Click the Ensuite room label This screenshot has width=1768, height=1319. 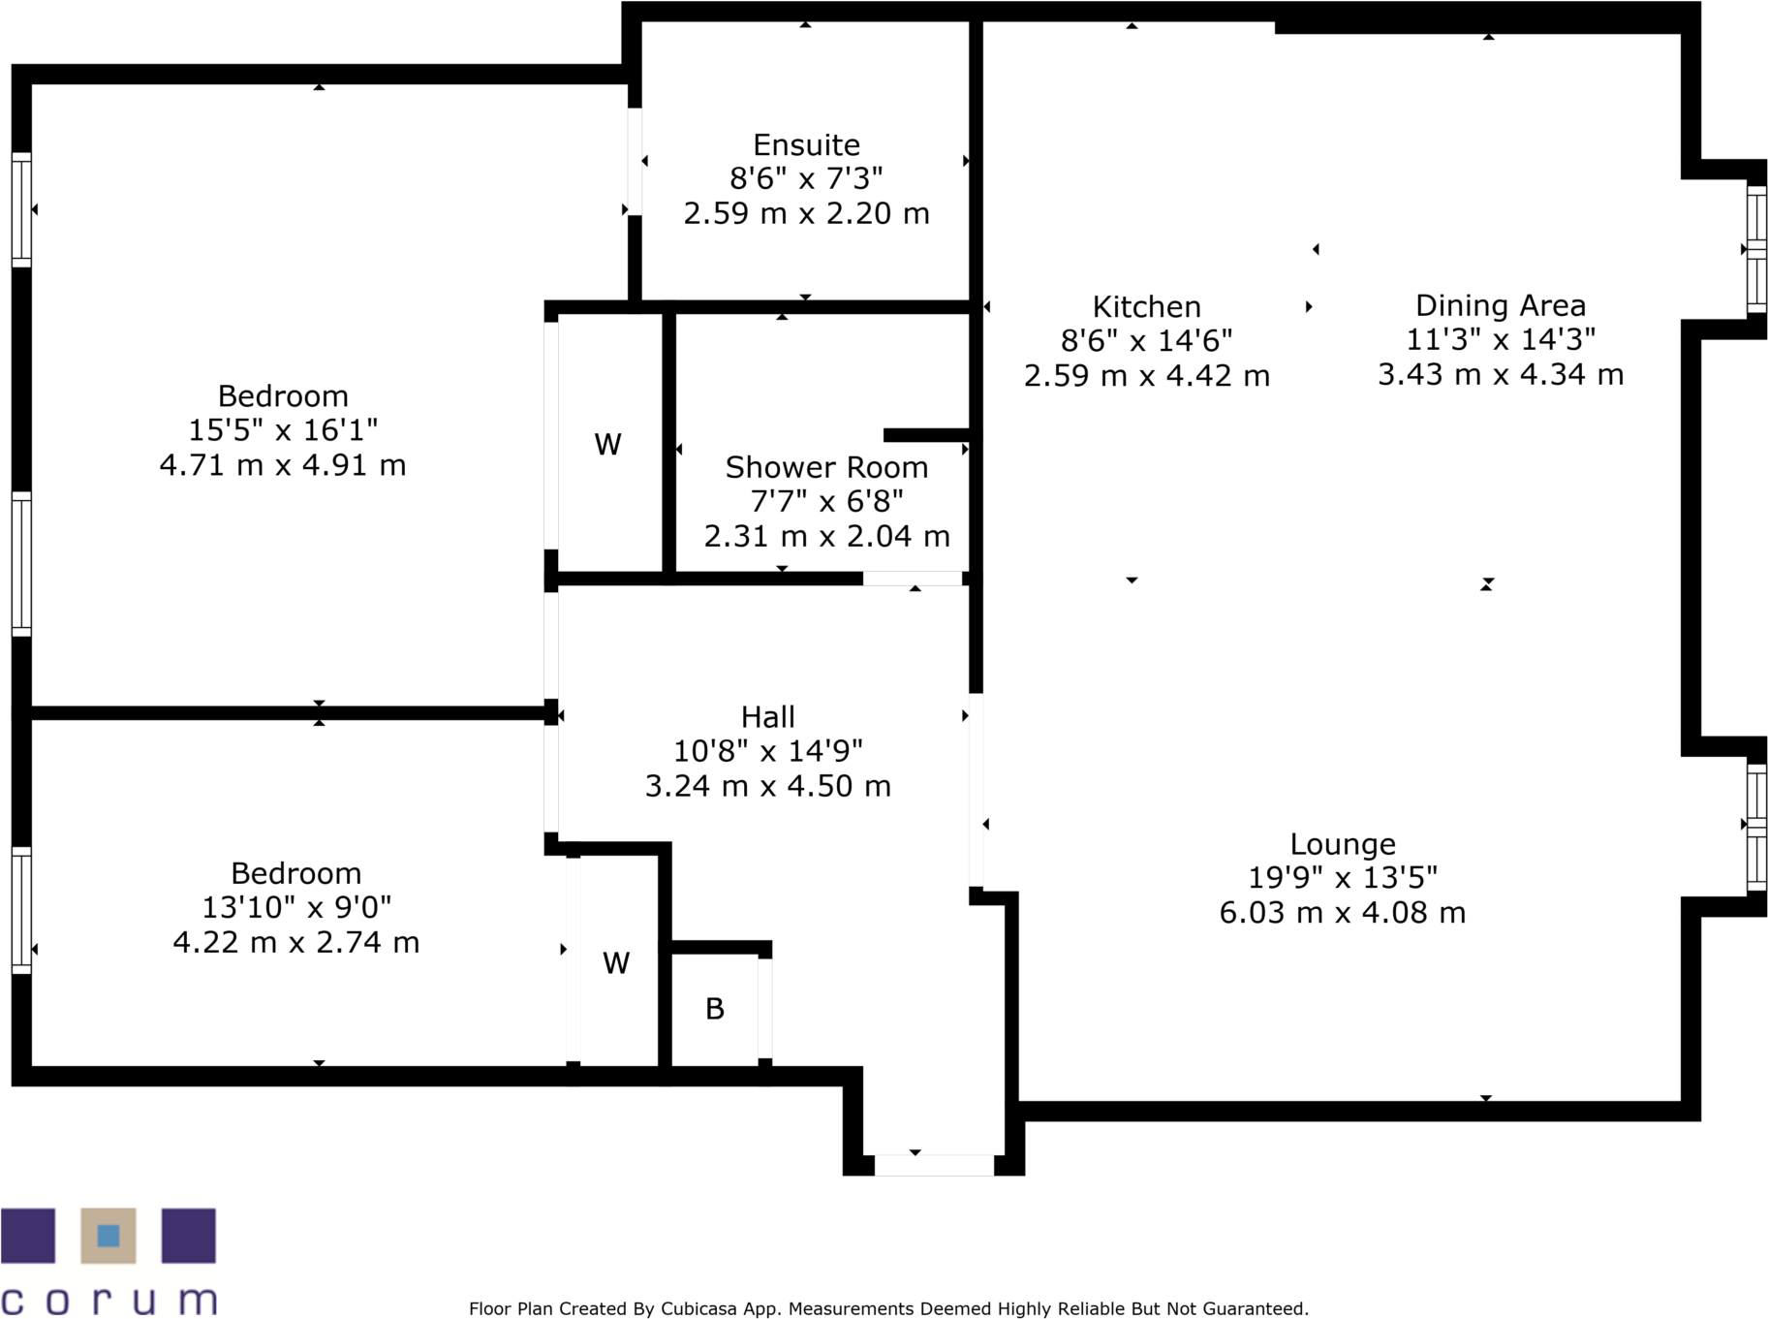(x=806, y=145)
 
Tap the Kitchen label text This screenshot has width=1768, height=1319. (x=1146, y=307)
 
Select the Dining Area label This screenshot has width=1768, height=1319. (x=1500, y=306)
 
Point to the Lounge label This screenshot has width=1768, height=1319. (x=1342, y=845)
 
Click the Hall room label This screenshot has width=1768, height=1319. (x=767, y=717)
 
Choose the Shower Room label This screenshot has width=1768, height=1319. (x=826, y=468)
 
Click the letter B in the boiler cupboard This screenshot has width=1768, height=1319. (x=715, y=1010)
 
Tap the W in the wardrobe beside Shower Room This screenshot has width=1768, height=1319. (x=607, y=445)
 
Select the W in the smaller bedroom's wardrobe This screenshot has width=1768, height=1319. (x=616, y=963)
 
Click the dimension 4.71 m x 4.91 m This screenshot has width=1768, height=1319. (x=282, y=465)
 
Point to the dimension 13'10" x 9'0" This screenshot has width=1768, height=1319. (x=295, y=908)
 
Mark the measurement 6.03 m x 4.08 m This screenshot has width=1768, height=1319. (x=1342, y=913)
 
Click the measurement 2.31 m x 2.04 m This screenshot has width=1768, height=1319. (x=826, y=536)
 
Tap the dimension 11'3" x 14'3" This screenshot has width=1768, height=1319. (x=1500, y=340)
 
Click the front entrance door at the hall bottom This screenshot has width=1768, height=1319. (x=934, y=1165)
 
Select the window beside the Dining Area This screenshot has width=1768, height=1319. (x=1755, y=249)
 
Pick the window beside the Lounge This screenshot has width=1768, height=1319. (x=1755, y=827)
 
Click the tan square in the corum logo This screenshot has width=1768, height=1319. (x=108, y=1235)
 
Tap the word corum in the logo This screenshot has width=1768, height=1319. (x=108, y=1300)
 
